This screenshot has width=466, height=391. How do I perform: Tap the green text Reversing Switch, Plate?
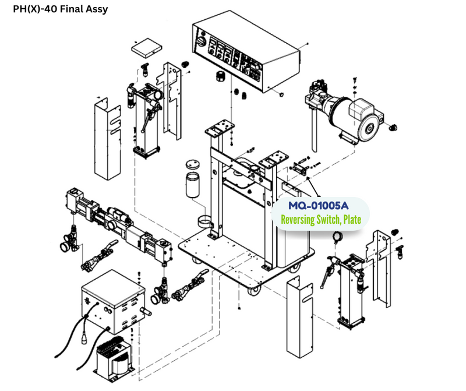pos(320,220)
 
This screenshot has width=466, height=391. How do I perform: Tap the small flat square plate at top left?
pos(146,48)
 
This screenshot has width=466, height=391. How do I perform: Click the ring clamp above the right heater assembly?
pos(337,237)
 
